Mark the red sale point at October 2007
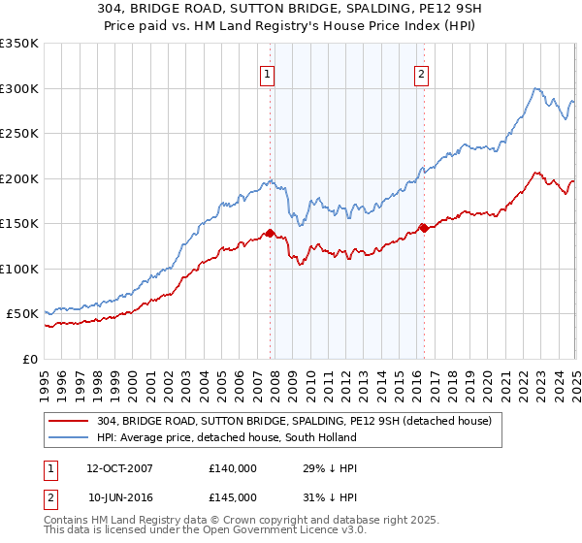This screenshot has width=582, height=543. coord(271,233)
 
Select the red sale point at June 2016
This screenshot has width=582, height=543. coord(424,228)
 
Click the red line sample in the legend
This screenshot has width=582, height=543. coord(69,421)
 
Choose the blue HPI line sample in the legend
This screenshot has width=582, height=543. coord(69,437)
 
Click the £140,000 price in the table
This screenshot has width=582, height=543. coord(232,467)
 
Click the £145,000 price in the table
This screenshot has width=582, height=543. coord(232,496)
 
